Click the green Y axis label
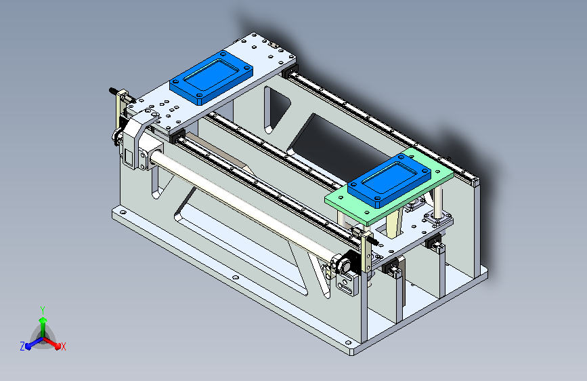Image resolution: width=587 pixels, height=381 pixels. pyautogui.click(x=43, y=310)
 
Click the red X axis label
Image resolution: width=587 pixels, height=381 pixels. pyautogui.click(x=63, y=346)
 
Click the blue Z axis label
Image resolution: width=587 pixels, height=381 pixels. pyautogui.click(x=22, y=346)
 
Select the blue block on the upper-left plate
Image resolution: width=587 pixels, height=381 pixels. pyautogui.click(x=211, y=77)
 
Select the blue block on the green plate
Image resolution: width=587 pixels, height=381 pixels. pyautogui.click(x=389, y=181)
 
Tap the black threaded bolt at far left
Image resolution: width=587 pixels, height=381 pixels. pyautogui.click(x=112, y=90)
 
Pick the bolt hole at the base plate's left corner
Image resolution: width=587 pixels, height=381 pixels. pyautogui.click(x=122, y=212)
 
